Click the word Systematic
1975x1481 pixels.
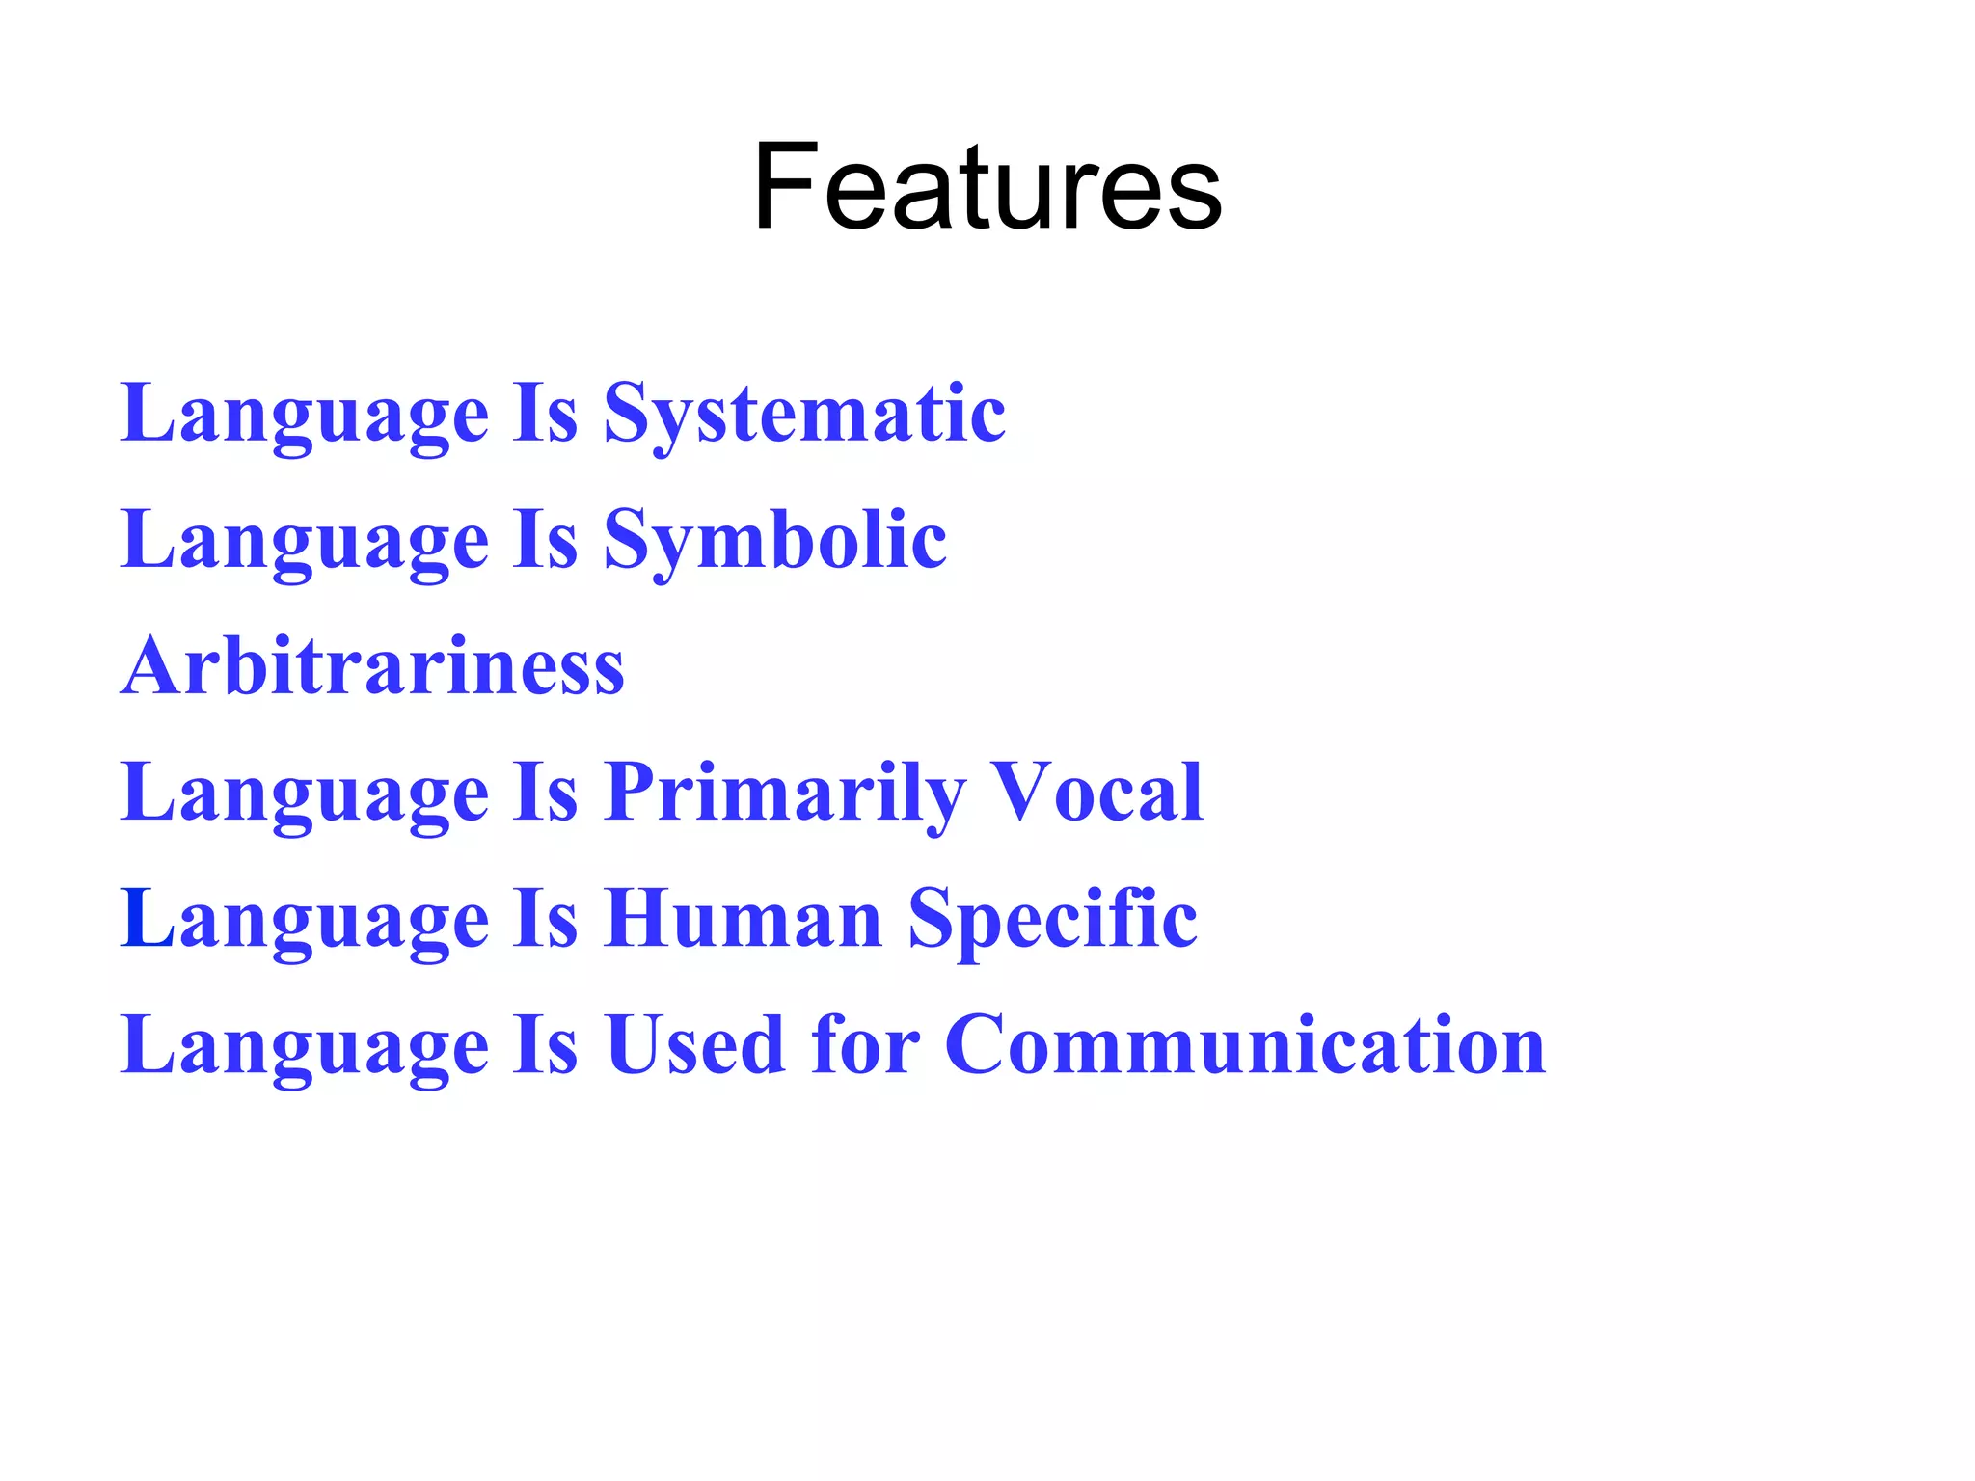pyautogui.click(x=804, y=415)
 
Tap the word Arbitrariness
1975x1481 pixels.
pyautogui.click(x=373, y=666)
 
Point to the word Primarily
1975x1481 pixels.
pyautogui.click(x=785, y=794)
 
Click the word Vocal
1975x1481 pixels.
pyautogui.click(x=1098, y=793)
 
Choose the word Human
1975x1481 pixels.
pyautogui.click(x=743, y=919)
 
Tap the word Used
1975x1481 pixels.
pyautogui.click(x=694, y=1045)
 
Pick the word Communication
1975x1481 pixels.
pyautogui.click(x=1245, y=1045)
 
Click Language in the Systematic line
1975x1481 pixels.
pyautogui.click(x=305, y=415)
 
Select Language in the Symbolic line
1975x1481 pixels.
pyautogui.click(x=305, y=541)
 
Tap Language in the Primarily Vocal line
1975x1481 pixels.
pyautogui.click(x=305, y=794)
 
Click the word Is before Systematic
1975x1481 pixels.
pyautogui.click(x=545, y=415)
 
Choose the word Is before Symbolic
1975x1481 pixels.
pyautogui.click(x=545, y=541)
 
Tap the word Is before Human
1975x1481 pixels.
pyautogui.click(x=545, y=919)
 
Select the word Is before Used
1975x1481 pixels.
pyautogui.click(x=545, y=1045)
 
